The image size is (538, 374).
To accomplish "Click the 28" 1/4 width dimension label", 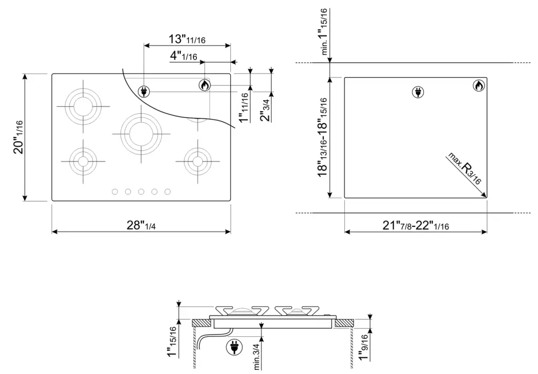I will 140,225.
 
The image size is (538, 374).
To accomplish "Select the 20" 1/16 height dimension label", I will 19,137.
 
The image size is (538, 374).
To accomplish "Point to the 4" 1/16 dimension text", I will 184,56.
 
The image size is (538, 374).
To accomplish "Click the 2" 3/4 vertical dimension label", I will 265,110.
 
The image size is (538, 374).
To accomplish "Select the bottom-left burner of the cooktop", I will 82,160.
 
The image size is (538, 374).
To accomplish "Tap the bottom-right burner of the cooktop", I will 197,160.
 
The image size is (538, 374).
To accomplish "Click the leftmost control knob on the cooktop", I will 114,192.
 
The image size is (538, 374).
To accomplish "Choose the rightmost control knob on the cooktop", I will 167,192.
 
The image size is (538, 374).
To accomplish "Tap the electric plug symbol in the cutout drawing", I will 418,92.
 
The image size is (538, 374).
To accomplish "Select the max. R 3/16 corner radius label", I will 465,168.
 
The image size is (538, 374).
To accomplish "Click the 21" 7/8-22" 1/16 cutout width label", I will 416,225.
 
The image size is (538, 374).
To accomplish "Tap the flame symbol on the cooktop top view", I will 205,84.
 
